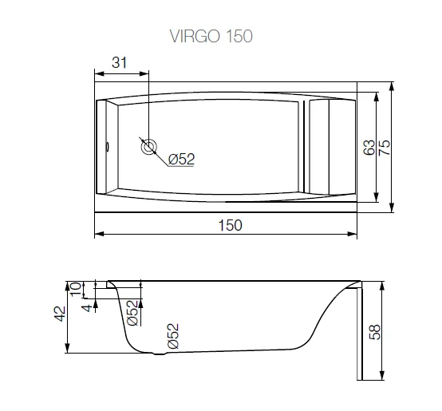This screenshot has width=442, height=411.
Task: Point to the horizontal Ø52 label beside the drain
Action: (x=182, y=160)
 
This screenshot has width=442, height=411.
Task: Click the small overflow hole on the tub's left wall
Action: (x=109, y=146)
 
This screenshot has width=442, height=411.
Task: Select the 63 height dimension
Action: (x=369, y=147)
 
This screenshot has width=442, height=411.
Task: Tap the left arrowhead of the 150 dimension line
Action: (x=97, y=235)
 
